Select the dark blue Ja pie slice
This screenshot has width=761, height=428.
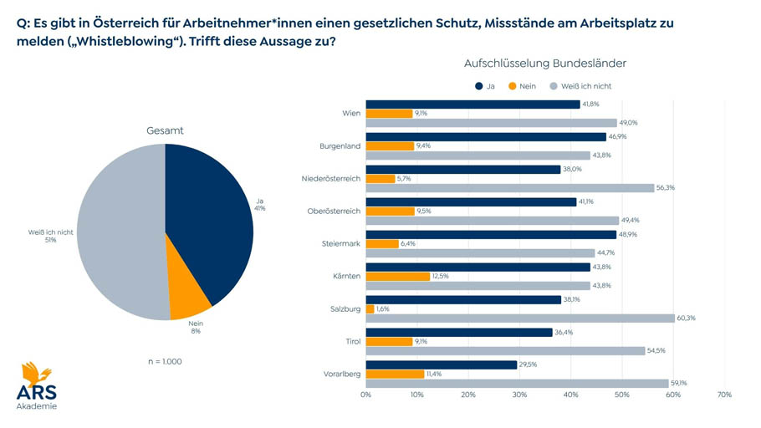pos(209,217)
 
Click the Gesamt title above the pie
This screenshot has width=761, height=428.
pos(165,130)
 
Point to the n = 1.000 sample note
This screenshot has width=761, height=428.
pos(164,362)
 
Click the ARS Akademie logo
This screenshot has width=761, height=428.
pos(36,385)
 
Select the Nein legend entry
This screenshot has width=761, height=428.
pos(521,85)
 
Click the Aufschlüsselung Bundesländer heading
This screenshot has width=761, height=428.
pos(544,64)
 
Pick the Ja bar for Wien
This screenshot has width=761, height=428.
pos(472,104)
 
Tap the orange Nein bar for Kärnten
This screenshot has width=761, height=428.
pos(398,276)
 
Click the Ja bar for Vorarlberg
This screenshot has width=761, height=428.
pos(442,364)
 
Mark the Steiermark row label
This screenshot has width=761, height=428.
pos(340,243)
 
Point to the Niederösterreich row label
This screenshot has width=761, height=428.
pos(331,178)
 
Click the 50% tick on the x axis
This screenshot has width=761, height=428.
pos(621,394)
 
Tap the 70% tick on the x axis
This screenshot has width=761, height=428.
pos(724,394)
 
